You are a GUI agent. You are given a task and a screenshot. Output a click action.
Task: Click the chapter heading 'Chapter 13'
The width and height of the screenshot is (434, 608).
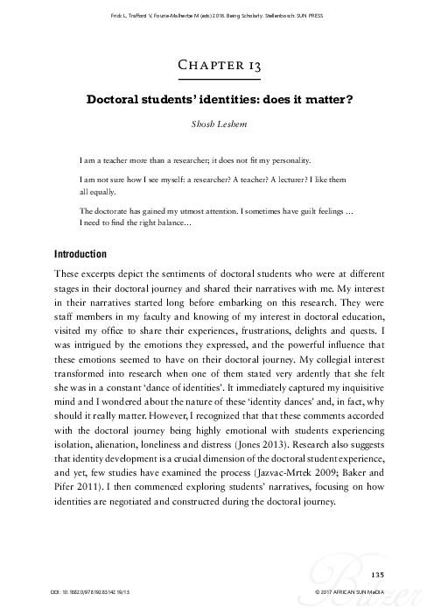coord(217,65)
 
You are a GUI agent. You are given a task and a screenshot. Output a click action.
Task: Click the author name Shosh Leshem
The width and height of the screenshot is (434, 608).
coord(217,124)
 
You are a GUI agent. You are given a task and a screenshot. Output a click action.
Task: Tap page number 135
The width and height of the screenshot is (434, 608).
coord(378,574)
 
